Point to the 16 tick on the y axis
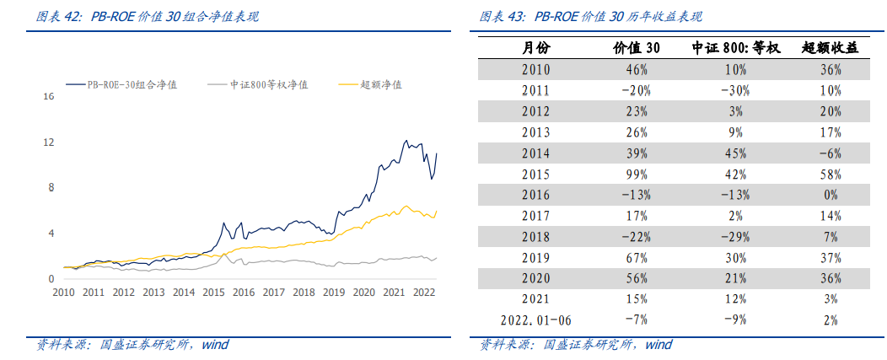[x=48, y=97]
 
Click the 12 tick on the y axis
[x=48, y=142]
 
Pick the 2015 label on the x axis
[x=213, y=293]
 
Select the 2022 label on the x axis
[x=422, y=293]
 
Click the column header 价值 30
[x=636, y=48]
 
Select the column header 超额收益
[x=830, y=48]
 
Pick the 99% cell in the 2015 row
[x=636, y=175]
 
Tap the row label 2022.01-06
[x=535, y=320]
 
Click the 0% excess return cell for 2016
[x=830, y=195]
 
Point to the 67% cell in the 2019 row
[x=636, y=257]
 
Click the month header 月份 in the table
[x=535, y=48]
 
